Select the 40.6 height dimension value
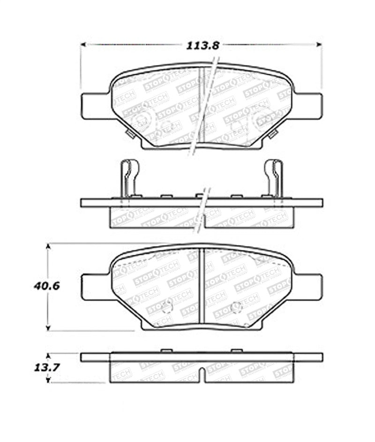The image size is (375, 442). (x=46, y=286)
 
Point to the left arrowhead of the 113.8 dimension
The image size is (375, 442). (x=83, y=44)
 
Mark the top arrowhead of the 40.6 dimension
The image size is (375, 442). (x=48, y=246)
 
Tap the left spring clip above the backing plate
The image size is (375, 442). (x=130, y=177)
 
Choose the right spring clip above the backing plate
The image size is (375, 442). (x=273, y=177)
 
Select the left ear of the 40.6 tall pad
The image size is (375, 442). (x=96, y=287)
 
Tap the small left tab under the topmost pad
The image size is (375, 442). (x=130, y=135)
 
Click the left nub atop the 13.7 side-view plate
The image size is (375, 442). (x=166, y=351)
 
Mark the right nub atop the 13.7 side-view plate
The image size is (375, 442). (x=237, y=351)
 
